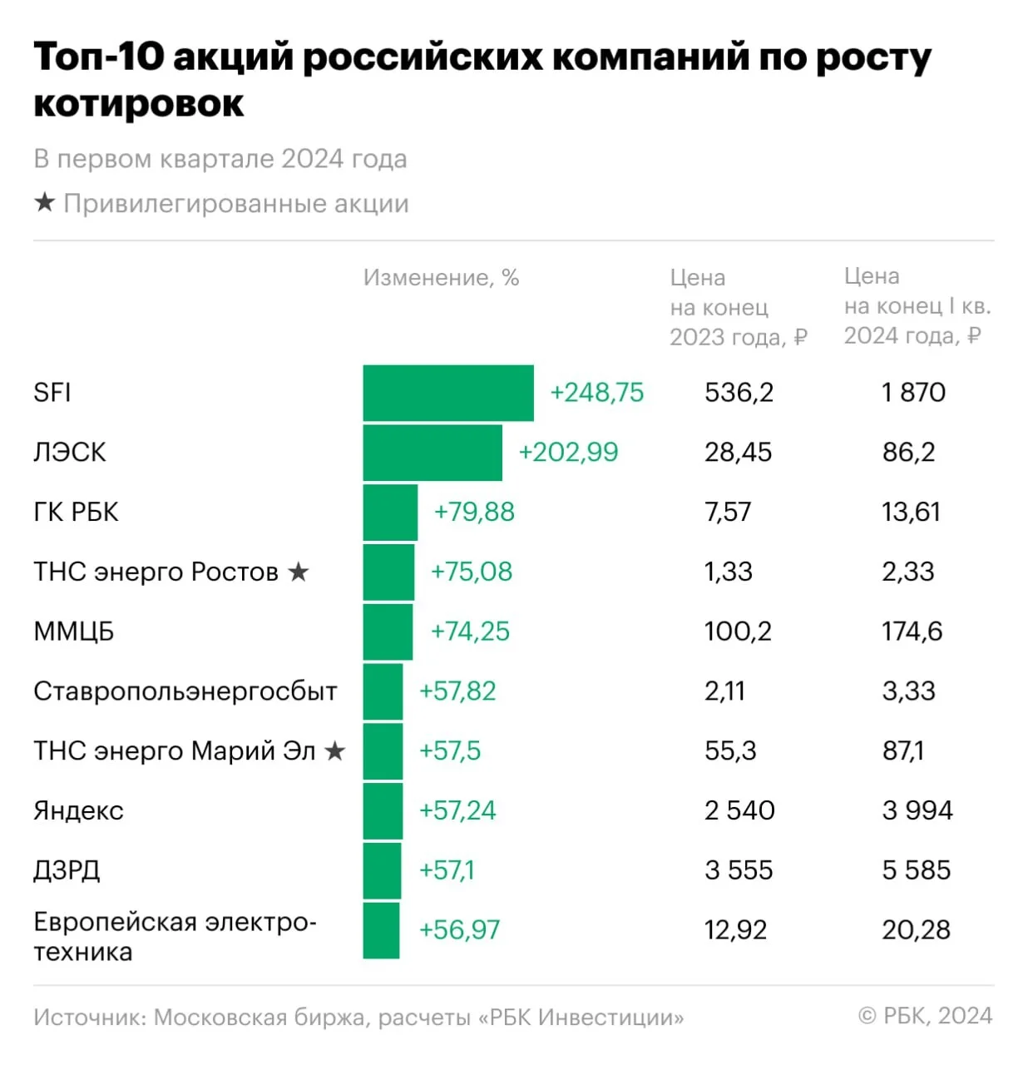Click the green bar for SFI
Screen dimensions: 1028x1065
coord(447,393)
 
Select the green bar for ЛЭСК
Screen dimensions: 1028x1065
coord(432,452)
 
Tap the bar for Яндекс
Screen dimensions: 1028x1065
coord(383,810)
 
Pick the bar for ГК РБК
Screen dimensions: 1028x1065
coord(390,512)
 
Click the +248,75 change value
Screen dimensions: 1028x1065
coord(597,393)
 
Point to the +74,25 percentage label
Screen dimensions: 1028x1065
coord(470,631)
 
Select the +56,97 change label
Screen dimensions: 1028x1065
coord(459,929)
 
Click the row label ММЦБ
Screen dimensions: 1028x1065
coord(74,631)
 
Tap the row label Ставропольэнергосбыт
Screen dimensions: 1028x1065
coord(185,691)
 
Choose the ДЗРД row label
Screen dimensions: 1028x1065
coord(67,870)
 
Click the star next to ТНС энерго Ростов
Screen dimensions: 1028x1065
coord(298,572)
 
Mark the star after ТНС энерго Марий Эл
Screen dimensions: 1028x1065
coord(334,750)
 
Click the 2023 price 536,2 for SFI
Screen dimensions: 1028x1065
coord(739,393)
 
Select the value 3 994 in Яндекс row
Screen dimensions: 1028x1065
coord(917,810)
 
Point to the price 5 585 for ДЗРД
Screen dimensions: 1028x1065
coord(916,869)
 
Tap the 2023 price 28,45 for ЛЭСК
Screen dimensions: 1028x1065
coord(738,452)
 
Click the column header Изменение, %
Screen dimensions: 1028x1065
coord(441,277)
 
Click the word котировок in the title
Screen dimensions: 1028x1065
coord(138,103)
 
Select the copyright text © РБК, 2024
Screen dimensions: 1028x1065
coord(925,1015)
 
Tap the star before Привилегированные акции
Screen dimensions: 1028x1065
coord(45,202)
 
